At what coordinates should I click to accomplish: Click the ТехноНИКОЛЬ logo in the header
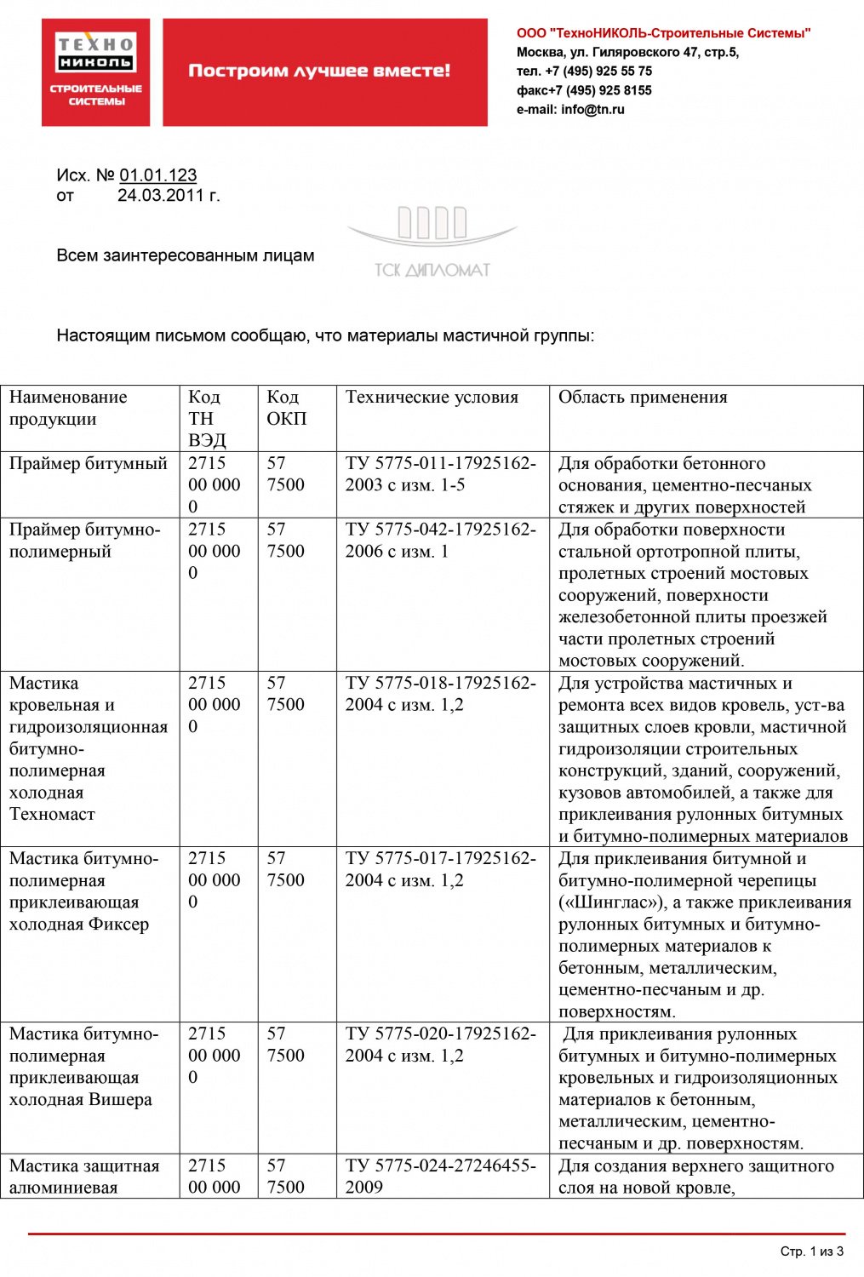[95, 72]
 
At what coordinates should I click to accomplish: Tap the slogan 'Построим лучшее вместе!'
[319, 71]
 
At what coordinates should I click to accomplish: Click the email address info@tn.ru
[592, 110]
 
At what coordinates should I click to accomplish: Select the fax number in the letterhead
[584, 90]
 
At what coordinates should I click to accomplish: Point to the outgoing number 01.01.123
[157, 175]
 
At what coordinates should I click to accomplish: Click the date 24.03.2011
[162, 196]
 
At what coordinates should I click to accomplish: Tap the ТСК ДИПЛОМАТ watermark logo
[432, 243]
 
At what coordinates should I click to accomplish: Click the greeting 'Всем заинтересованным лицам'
[185, 255]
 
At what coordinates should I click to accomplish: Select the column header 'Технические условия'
[432, 398]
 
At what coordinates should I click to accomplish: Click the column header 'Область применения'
[643, 398]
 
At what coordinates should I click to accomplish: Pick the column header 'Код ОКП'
[286, 408]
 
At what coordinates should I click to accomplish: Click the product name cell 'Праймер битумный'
[89, 464]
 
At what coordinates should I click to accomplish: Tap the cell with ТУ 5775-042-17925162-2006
[440, 540]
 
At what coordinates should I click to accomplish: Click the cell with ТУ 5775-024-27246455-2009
[440, 1176]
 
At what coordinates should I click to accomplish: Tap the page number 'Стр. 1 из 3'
[811, 1251]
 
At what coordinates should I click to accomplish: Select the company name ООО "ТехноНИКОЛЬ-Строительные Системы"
[663, 33]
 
